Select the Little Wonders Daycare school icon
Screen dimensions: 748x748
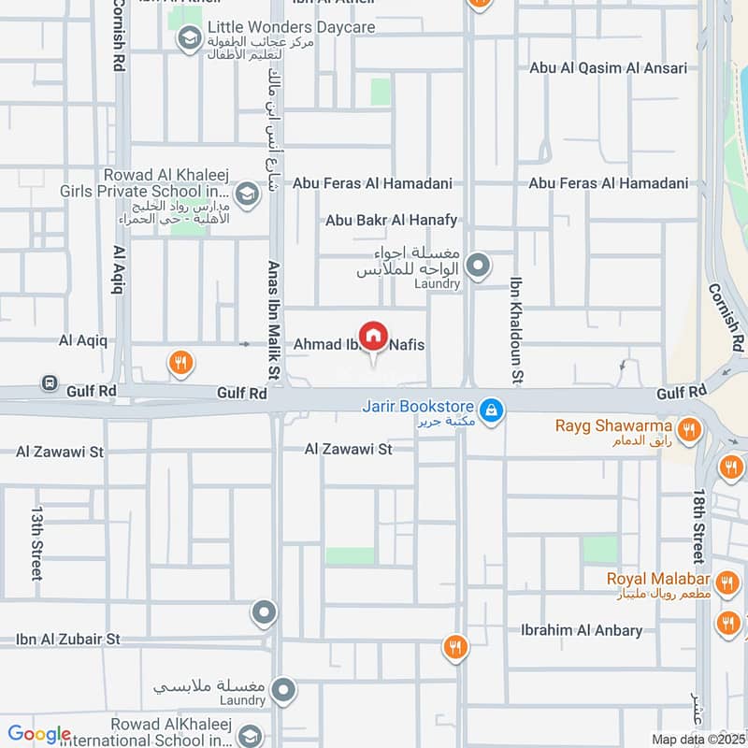[191, 38]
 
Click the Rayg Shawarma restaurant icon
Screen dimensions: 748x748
[689, 428]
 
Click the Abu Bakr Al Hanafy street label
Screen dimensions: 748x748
[392, 221]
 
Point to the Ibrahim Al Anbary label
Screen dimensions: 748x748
[583, 630]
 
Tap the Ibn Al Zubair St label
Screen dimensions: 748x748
[68, 640]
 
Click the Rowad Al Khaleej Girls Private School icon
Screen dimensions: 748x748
[247, 194]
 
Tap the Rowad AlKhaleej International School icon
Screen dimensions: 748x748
[248, 735]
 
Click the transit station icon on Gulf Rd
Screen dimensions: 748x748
[49, 383]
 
